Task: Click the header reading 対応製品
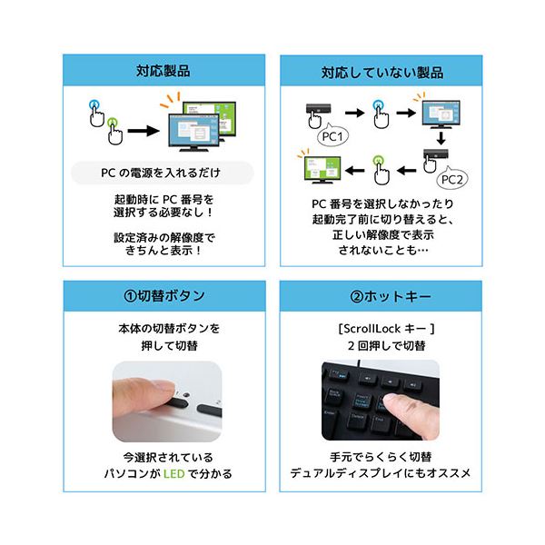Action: coord(163,70)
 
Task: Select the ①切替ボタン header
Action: coord(163,296)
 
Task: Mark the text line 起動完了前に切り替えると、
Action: coord(381,219)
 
